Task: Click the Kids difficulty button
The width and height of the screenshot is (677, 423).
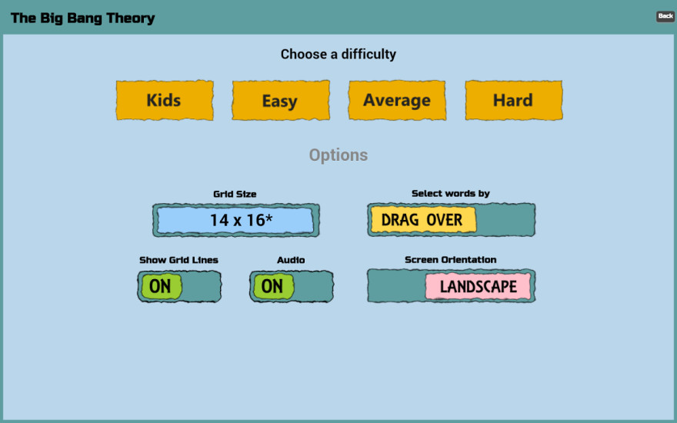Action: [x=165, y=100]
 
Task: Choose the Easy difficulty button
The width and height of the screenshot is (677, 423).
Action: [x=281, y=100]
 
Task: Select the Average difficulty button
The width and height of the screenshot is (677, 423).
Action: [x=397, y=100]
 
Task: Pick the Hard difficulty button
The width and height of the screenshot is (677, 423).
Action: [x=513, y=100]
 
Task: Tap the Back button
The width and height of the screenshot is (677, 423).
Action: [x=665, y=16]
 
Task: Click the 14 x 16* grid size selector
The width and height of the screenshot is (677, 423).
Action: [x=235, y=220]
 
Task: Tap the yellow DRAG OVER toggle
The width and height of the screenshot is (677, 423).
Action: [x=423, y=220]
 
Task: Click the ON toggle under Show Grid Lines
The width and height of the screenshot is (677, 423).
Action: [x=162, y=286]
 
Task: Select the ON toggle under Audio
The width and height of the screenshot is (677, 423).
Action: [x=273, y=286]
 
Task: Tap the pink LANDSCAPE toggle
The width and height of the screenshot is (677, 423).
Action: [x=478, y=286]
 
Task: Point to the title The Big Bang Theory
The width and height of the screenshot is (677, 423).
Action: [x=82, y=18]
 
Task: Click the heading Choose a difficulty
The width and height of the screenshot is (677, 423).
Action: [x=338, y=55]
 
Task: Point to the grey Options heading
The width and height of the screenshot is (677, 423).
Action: [x=338, y=155]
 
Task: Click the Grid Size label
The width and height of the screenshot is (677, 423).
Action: [x=235, y=195]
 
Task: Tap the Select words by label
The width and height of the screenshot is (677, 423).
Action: [x=450, y=193]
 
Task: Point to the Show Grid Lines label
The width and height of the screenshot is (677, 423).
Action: [x=178, y=260]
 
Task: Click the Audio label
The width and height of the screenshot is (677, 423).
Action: [x=291, y=260]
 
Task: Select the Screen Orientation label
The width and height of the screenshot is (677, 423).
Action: [x=450, y=259]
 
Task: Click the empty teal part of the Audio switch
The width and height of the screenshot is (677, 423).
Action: [x=312, y=286]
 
